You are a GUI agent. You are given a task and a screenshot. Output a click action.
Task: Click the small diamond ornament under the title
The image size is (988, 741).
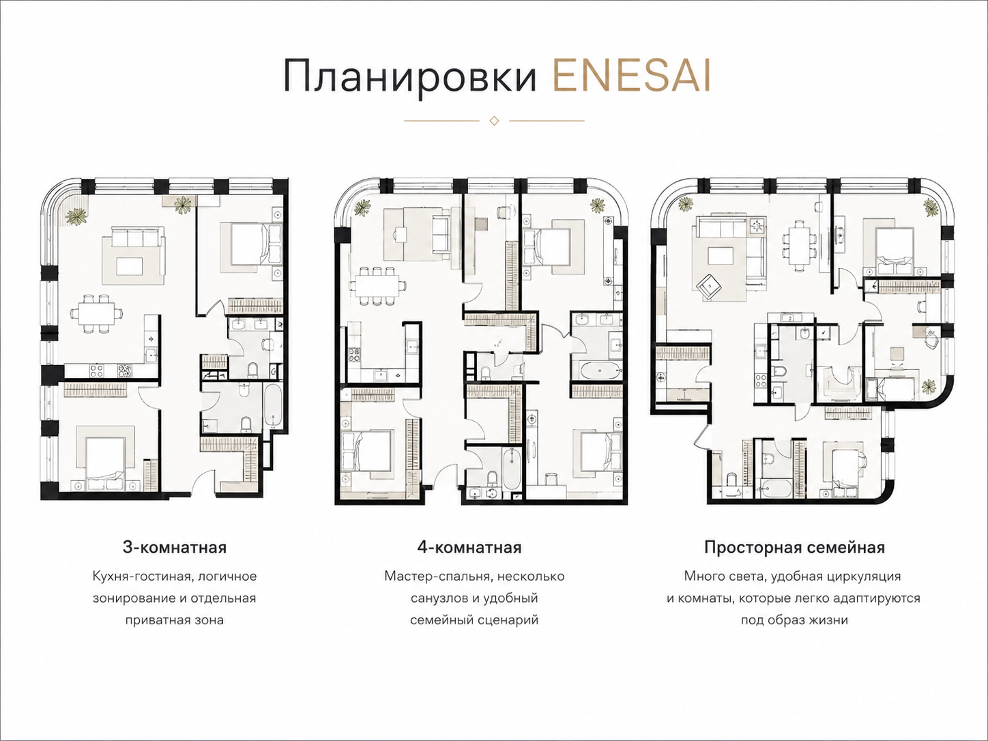[x=494, y=121]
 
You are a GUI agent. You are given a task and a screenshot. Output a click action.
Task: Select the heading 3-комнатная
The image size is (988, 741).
[x=174, y=548]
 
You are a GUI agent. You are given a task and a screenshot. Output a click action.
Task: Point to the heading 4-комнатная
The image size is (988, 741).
[x=469, y=548]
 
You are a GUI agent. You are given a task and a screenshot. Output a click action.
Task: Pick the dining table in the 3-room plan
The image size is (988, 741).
[x=97, y=314]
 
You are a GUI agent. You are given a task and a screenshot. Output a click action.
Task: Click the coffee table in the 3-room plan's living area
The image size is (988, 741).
[x=130, y=265]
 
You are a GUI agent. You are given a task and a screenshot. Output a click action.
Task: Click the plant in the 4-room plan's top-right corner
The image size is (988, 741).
[x=598, y=207]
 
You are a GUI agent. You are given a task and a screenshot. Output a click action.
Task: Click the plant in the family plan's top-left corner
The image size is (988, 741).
[x=685, y=206]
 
